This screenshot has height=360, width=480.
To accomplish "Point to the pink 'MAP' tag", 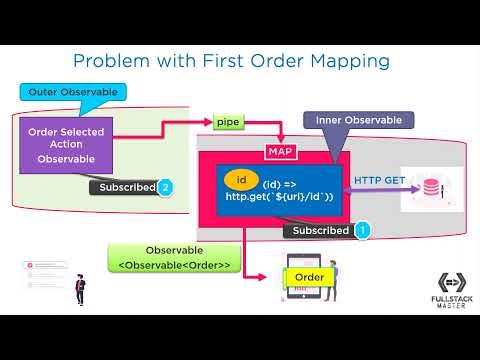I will [279, 151].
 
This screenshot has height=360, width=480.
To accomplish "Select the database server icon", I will [430, 188].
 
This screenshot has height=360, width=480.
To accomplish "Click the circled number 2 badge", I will [166, 187].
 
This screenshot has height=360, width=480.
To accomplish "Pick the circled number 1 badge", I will [362, 230].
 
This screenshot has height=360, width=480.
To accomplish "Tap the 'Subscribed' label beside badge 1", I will [317, 231].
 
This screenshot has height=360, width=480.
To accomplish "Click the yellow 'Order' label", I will [309, 276].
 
